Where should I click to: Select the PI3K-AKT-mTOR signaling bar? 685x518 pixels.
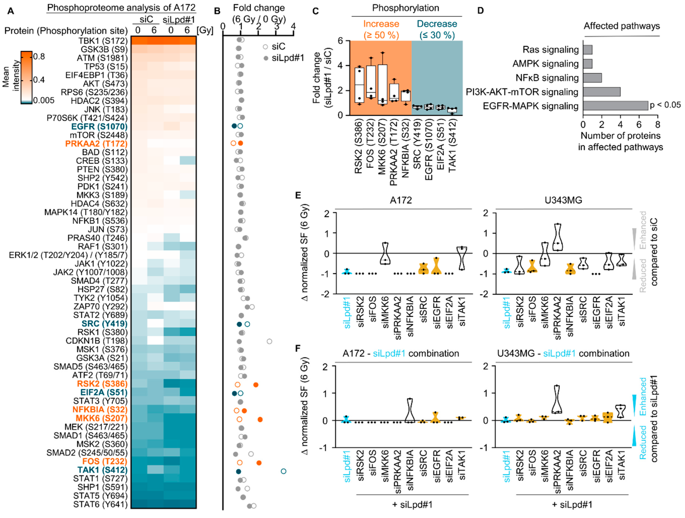[601, 92]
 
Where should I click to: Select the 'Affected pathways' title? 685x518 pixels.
[622, 26]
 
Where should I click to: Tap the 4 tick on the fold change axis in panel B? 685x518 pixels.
[293, 26]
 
